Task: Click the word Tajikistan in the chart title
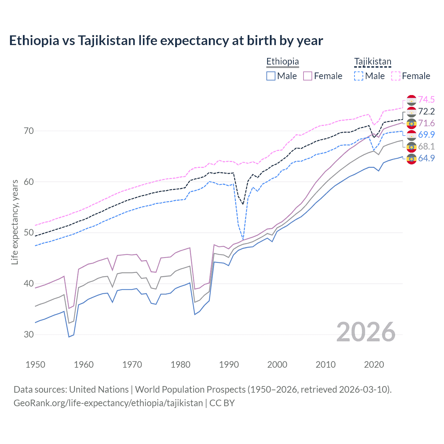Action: [x=106, y=41]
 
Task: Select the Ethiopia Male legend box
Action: [x=271, y=76]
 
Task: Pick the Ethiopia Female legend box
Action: [x=308, y=76]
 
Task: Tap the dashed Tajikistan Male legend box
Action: [x=359, y=76]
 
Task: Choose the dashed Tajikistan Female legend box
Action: [x=395, y=76]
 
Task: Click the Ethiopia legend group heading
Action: [x=282, y=61]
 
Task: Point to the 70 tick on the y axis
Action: [x=29, y=131]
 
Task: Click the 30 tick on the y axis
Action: [x=29, y=334]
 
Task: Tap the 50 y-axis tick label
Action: [x=29, y=232]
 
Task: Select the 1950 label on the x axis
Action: [x=35, y=365]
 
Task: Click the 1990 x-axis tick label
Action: [x=229, y=365]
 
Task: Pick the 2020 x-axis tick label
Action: [x=374, y=365]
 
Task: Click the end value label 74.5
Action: [x=426, y=100]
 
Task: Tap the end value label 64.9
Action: [x=426, y=158]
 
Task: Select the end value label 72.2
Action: [x=426, y=111]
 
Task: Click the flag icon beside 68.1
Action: [x=411, y=147]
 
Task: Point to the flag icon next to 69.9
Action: [x=411, y=135]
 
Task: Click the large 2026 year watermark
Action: [x=366, y=332]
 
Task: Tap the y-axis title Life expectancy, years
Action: [x=15, y=222]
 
